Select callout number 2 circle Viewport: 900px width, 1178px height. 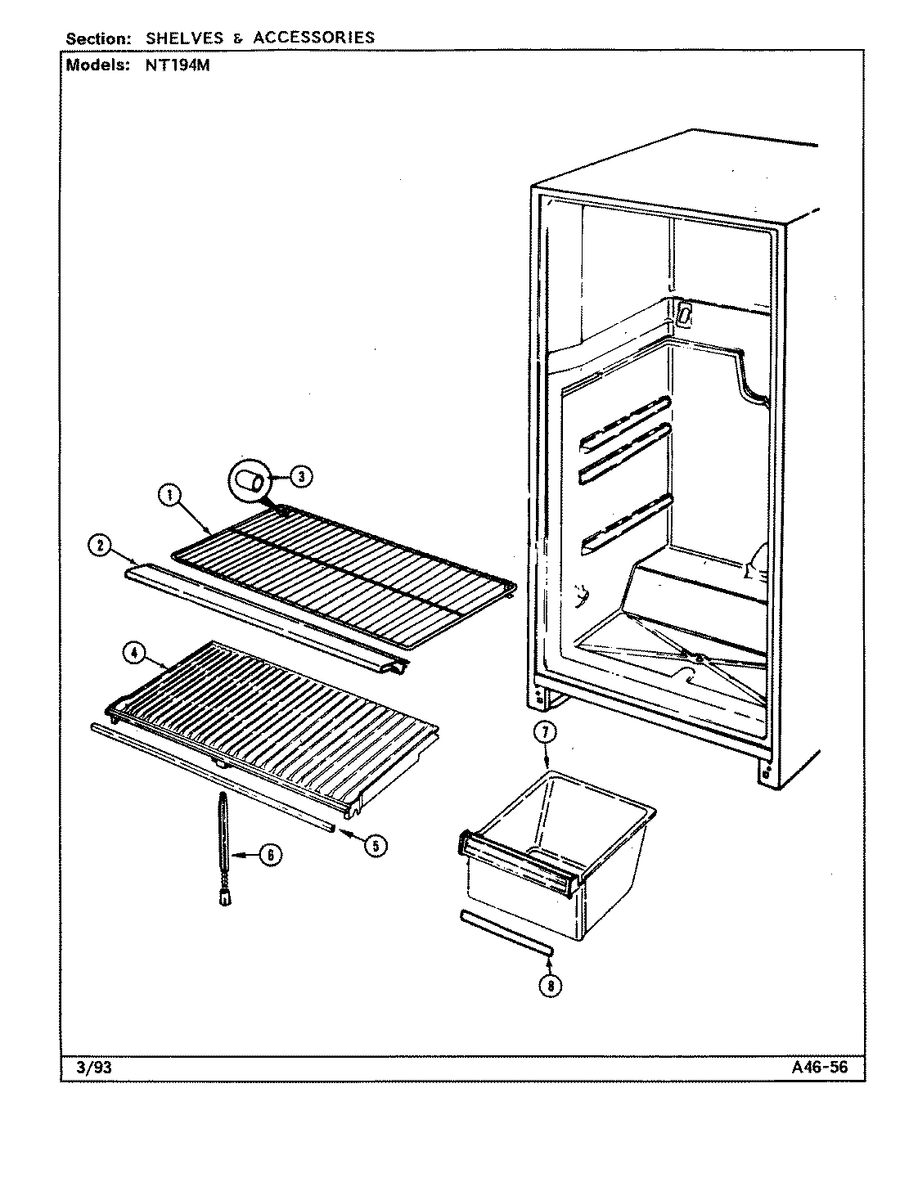coord(100,546)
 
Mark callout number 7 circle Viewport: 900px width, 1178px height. coord(544,732)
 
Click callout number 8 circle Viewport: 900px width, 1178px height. coord(551,986)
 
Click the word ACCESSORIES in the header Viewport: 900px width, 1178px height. coord(314,38)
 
